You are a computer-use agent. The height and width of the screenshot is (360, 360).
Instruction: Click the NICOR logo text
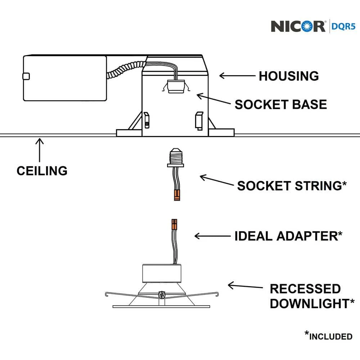[x=298, y=26]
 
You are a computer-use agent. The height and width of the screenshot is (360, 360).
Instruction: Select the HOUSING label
[x=289, y=76]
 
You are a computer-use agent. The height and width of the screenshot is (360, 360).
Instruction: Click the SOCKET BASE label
[x=281, y=104]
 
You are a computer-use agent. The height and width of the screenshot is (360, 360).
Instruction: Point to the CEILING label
[x=42, y=170]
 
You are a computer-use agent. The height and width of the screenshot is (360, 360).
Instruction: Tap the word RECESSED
[x=305, y=289]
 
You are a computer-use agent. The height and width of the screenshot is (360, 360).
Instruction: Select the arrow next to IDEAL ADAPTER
[x=212, y=236]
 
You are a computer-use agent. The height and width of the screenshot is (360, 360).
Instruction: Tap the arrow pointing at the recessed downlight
[x=245, y=287]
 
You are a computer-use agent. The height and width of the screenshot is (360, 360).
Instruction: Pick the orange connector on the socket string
[x=176, y=195]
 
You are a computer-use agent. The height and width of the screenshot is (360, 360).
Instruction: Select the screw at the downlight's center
[x=162, y=295]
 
